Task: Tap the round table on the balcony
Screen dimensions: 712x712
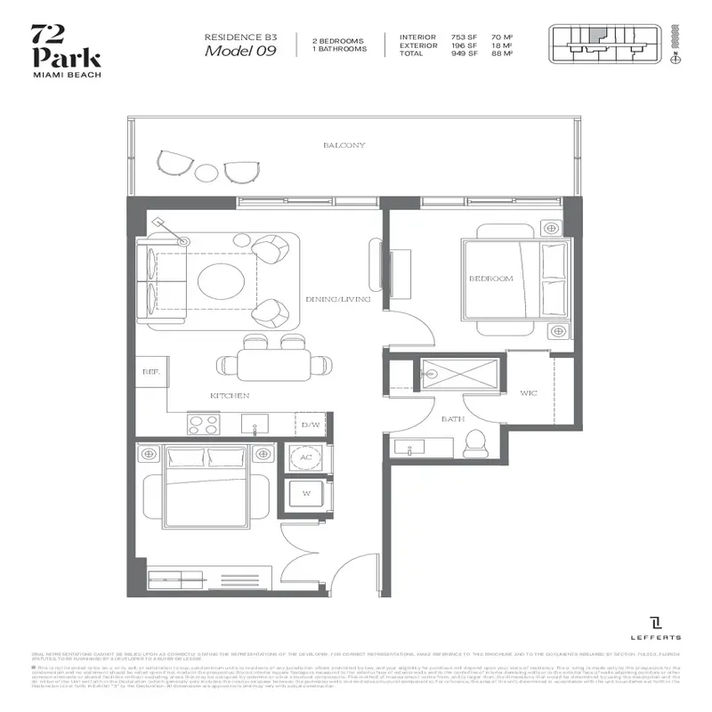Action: pos(206,171)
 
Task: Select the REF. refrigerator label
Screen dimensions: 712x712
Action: pos(150,374)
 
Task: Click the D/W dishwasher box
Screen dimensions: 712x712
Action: pos(311,425)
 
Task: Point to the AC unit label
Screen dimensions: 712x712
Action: pos(306,457)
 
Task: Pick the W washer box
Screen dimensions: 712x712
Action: pos(306,491)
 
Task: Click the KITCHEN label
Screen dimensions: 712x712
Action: pos(230,395)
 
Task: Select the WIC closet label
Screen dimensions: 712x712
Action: pos(530,392)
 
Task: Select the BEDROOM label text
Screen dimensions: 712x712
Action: pos(491,279)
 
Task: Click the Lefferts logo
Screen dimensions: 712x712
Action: pos(658,627)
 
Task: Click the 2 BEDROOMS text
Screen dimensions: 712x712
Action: pos(339,40)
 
